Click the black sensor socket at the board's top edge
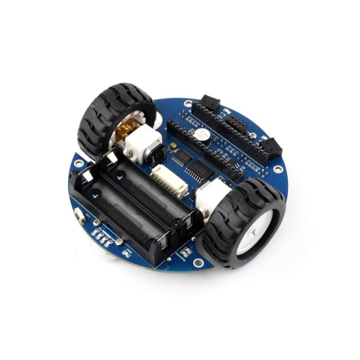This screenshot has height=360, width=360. [210, 102]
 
